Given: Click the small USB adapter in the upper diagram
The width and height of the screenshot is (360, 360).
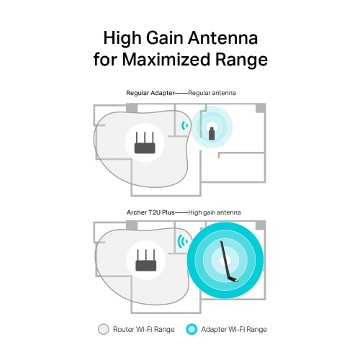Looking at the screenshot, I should click(x=212, y=132).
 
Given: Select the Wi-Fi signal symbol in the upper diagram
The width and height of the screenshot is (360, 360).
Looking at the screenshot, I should click(x=185, y=125).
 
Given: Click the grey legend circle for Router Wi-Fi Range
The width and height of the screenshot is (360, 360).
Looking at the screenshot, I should click(x=103, y=329).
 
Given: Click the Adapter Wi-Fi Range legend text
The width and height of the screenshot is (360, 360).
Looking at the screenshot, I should click(x=235, y=329).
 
